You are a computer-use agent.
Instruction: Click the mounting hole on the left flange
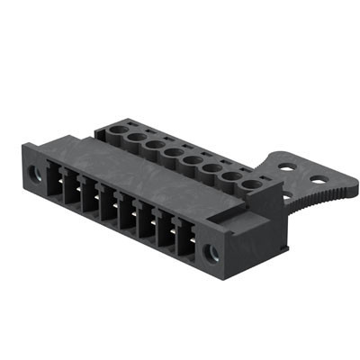pyautogui.click(x=34, y=172)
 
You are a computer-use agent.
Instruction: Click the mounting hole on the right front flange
pyautogui.click(x=212, y=253)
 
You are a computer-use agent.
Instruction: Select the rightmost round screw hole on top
pyautogui.click(x=251, y=186)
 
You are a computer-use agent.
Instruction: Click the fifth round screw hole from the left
pyautogui.click(x=192, y=161)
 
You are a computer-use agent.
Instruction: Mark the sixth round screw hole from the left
pyautogui.click(x=211, y=169)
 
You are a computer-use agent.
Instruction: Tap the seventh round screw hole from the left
pyautogui.click(x=231, y=178)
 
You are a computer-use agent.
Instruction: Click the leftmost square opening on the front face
pyautogui.click(x=52, y=183)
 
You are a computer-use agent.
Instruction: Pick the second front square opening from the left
pyautogui.click(x=70, y=190)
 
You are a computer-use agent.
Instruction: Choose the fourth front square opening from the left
pyautogui.click(x=108, y=206)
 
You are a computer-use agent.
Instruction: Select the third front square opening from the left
pyautogui.click(x=89, y=198)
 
